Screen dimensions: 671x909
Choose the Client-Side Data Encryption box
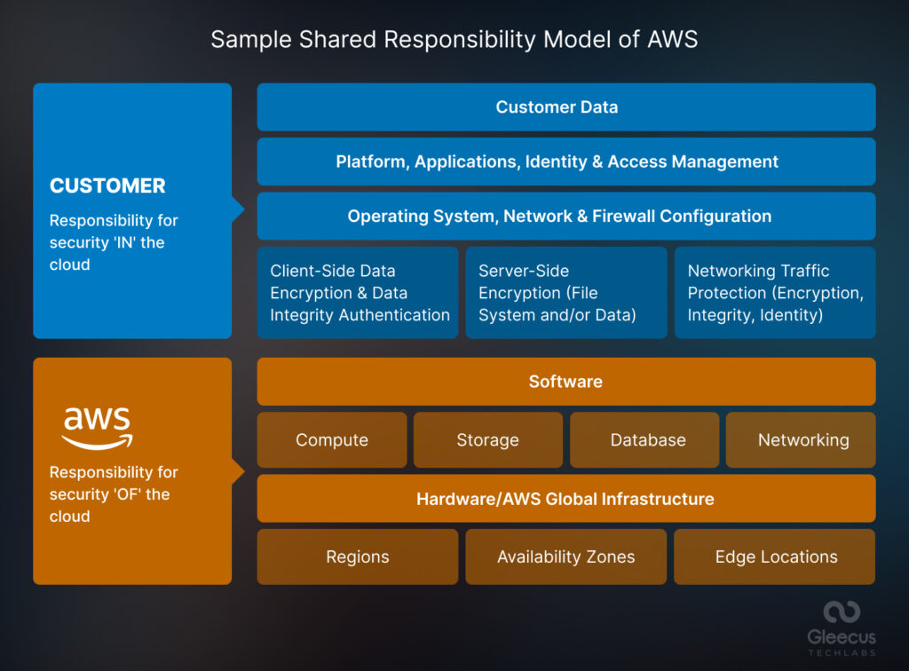358,293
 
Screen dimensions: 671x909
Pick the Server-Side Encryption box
566,293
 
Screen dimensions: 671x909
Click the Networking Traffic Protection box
775,293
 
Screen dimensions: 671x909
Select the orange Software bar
566,382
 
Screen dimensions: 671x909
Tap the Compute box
332,440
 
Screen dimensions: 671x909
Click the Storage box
488,440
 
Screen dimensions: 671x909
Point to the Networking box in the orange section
802,440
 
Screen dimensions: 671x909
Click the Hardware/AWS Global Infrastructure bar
566,499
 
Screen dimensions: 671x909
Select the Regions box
358,557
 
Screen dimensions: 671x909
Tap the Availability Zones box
566,557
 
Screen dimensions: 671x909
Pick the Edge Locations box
775,557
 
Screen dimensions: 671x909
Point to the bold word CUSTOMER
107,186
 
